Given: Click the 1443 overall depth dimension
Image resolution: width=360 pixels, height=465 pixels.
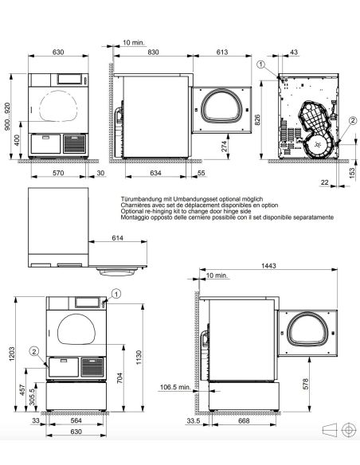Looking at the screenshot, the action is pyautogui.click(x=268, y=265).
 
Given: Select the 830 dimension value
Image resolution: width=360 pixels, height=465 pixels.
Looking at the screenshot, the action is pyautogui.click(x=153, y=52).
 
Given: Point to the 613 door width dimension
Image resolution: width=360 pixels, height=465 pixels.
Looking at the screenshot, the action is pyautogui.click(x=221, y=52).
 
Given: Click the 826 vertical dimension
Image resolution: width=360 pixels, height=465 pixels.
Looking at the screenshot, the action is pyautogui.click(x=257, y=119).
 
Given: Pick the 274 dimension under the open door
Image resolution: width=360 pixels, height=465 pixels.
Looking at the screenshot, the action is pyautogui.click(x=225, y=147).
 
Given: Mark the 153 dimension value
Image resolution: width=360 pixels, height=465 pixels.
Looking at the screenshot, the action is pyautogui.click(x=352, y=173).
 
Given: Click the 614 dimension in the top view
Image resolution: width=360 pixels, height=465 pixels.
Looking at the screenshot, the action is pyautogui.click(x=118, y=237).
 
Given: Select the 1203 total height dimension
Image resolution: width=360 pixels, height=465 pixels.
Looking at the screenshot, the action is pyautogui.click(x=12, y=354).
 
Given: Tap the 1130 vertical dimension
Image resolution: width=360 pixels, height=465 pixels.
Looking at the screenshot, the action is pyautogui.click(x=139, y=358).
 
